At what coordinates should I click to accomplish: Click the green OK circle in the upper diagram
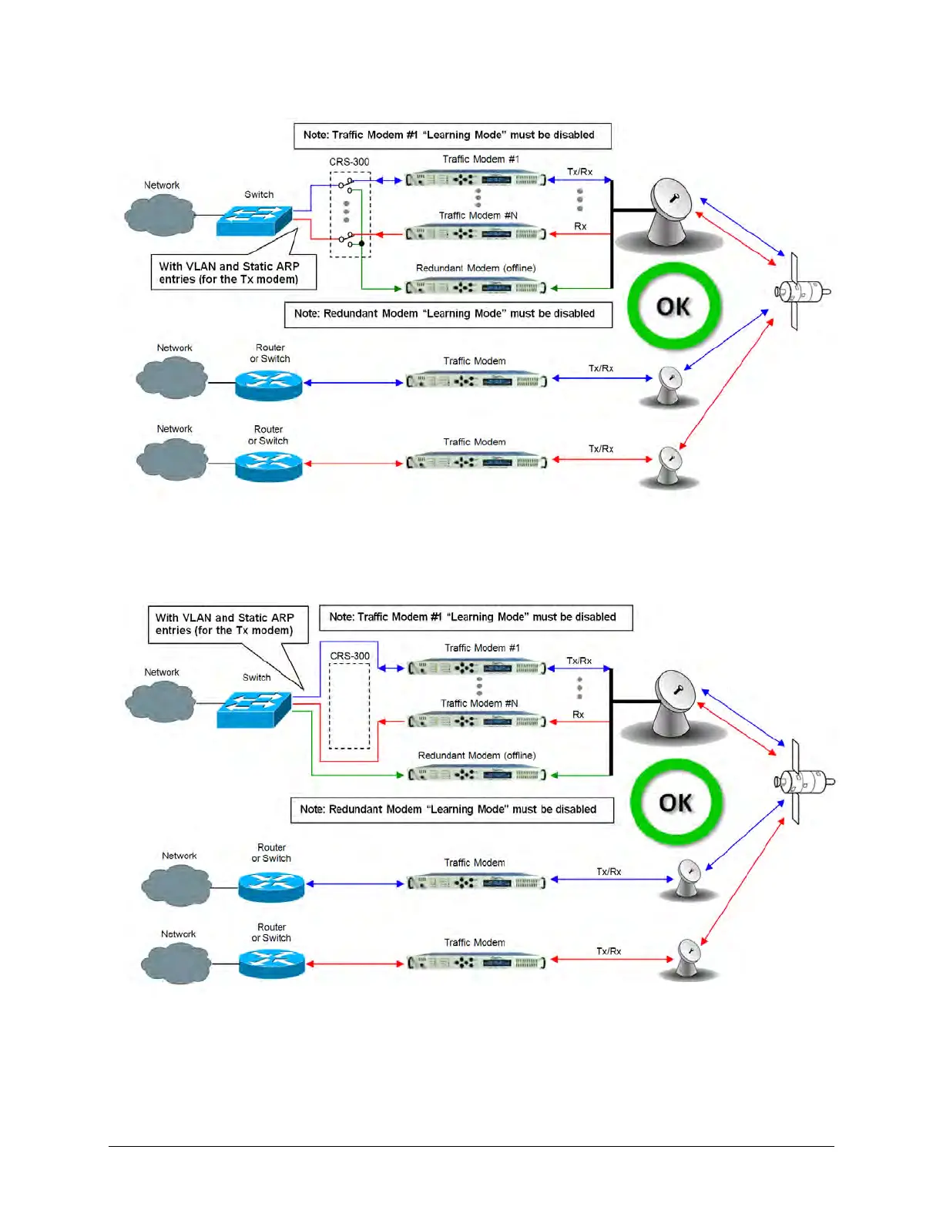[x=674, y=307]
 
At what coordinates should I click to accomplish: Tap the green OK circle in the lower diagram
[x=676, y=803]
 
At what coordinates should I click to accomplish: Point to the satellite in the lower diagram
[x=803, y=782]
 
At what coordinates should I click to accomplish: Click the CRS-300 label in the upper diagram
[x=349, y=162]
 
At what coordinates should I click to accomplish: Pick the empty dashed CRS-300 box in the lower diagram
[x=350, y=706]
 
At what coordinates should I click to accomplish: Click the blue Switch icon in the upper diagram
[x=254, y=220]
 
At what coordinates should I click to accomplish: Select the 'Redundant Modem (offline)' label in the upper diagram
[x=475, y=268]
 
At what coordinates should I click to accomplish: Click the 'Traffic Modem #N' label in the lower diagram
[x=479, y=703]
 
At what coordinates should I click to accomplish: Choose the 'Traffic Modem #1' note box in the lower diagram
[x=475, y=617]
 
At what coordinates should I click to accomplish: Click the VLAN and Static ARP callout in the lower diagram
[x=227, y=624]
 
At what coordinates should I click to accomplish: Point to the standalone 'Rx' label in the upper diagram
[x=580, y=226]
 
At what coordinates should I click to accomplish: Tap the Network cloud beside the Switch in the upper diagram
[x=160, y=215]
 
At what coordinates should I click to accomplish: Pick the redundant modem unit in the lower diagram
[x=477, y=774]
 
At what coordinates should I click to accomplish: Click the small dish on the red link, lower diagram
[x=688, y=957]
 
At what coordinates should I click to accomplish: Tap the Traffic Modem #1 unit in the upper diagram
[x=476, y=179]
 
